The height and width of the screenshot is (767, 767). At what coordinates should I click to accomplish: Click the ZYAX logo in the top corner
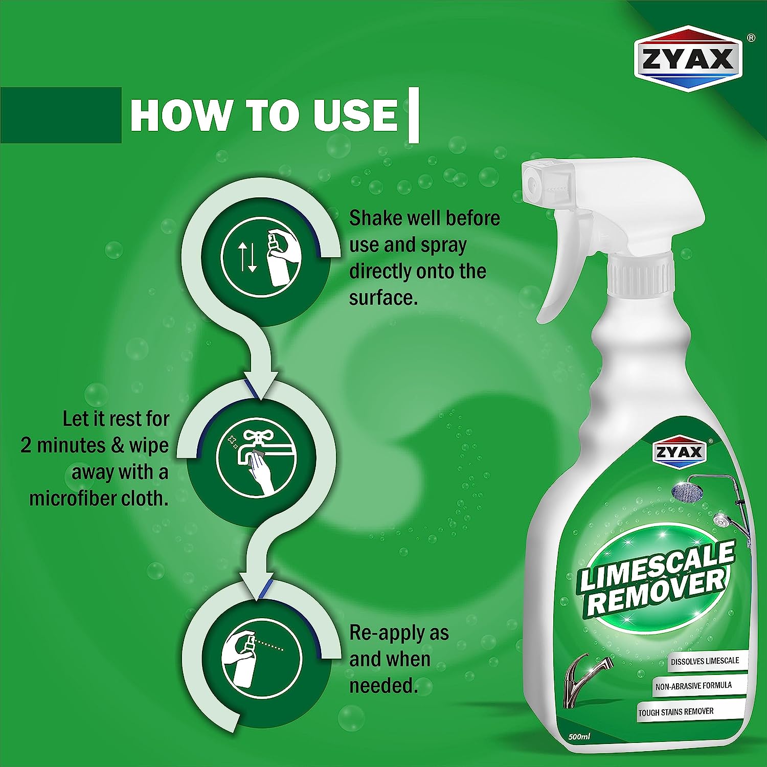[x=688, y=58]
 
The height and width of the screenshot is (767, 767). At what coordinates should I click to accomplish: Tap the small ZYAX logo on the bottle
[x=680, y=452]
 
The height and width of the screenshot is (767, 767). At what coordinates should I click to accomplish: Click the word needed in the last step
[x=383, y=686]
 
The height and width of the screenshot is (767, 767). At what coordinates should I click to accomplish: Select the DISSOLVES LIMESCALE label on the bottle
[x=705, y=661]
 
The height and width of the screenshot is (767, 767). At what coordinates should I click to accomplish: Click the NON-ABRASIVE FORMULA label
[x=694, y=686]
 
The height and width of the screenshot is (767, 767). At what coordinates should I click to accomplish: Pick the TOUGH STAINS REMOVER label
[x=676, y=712]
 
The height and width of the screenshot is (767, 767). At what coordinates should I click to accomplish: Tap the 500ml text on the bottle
[x=579, y=737]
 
